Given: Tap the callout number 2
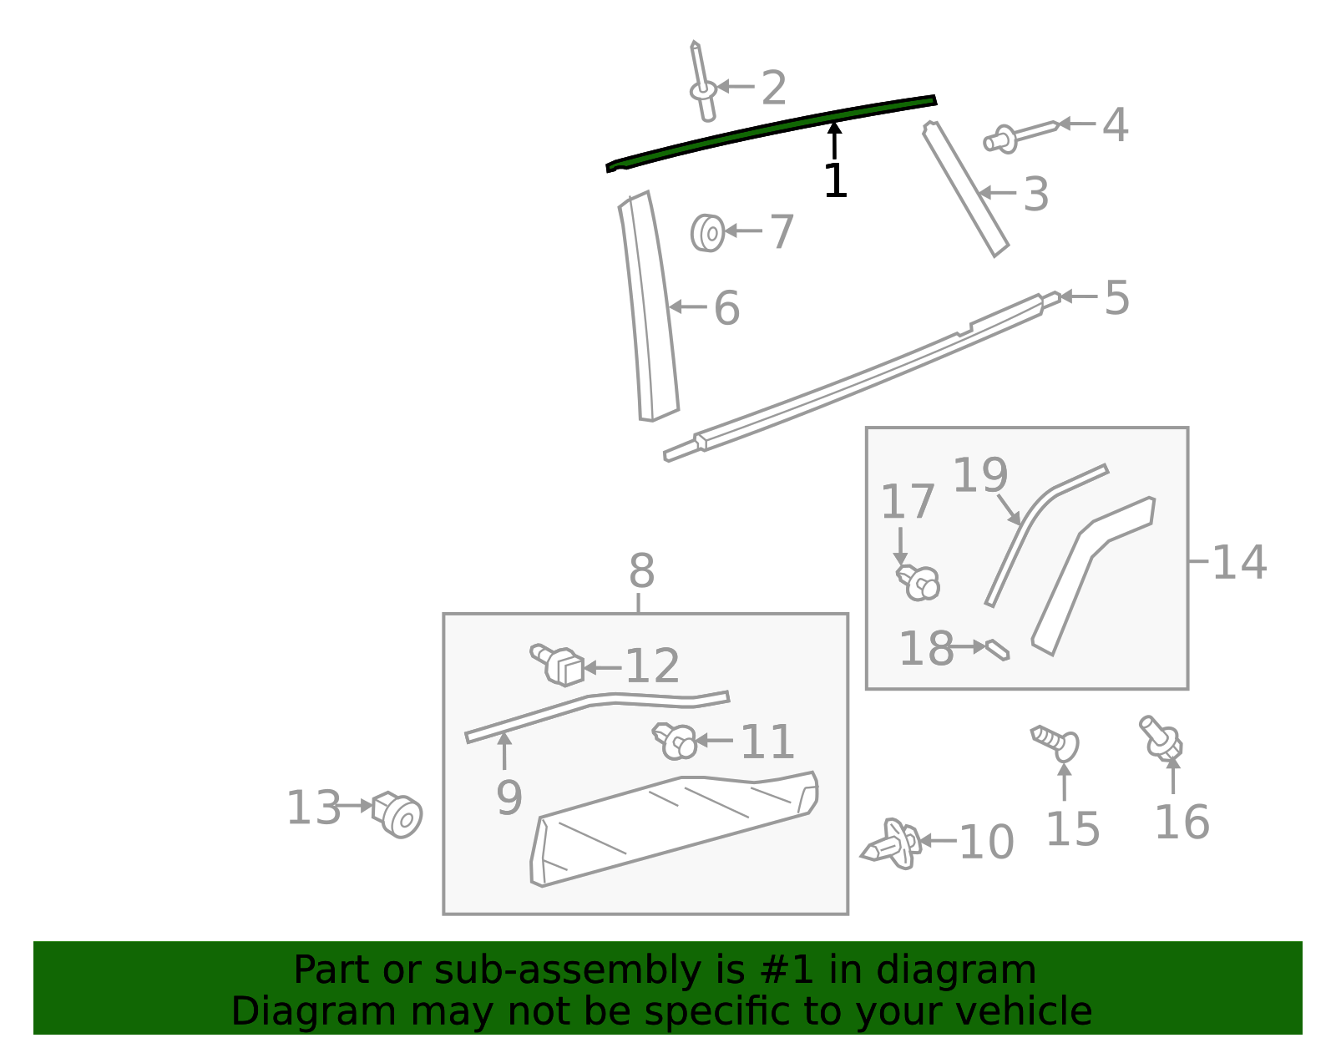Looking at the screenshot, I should [774, 89].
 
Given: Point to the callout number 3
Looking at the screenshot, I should [1035, 195].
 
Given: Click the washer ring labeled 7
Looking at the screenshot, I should [708, 232].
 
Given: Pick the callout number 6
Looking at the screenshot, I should [726, 309].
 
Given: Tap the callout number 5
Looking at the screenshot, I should [1116, 298].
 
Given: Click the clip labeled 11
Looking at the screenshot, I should [676, 741].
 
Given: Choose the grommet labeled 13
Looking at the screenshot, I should [398, 814].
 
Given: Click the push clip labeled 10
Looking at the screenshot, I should [893, 844].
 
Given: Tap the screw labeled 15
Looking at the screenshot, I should [1057, 742].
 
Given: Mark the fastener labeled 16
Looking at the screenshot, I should [1161, 737].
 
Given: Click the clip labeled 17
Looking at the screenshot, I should [918, 581].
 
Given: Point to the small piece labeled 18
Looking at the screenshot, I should [998, 650].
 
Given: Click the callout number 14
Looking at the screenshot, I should [1239, 562].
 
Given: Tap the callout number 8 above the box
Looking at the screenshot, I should [641, 573].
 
